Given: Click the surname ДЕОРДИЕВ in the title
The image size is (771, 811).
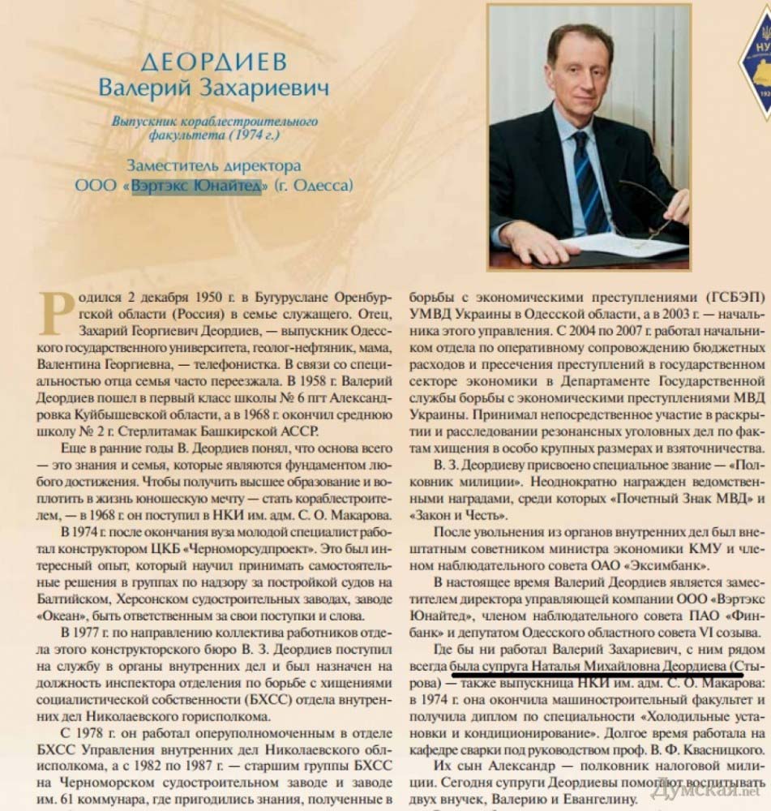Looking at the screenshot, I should (213, 62).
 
